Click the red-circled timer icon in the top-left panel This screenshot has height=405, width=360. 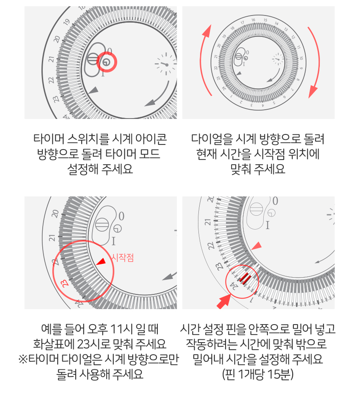(x=106, y=62)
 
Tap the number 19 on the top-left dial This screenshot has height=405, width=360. (x=67, y=22)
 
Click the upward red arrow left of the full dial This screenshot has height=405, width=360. (x=206, y=60)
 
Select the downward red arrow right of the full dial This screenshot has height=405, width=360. (x=314, y=62)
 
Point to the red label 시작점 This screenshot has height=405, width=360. (x=122, y=258)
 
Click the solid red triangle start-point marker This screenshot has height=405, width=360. (x=101, y=261)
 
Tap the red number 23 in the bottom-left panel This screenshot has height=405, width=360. (x=64, y=283)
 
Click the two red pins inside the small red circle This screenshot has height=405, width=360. (x=244, y=278)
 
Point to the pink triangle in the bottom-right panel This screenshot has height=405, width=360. (x=257, y=246)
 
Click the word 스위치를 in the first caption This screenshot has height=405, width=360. (x=88, y=139)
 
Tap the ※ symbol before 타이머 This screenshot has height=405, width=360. (x=23, y=359)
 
